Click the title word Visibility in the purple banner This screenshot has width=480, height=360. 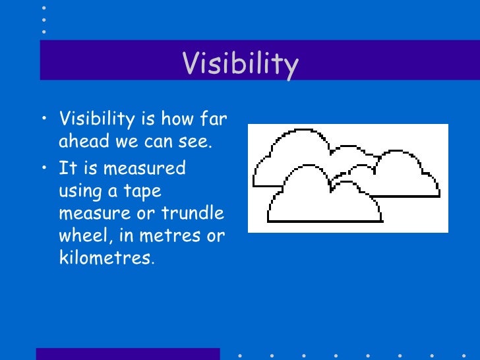(x=240, y=64)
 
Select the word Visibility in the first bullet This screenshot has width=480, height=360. (x=96, y=121)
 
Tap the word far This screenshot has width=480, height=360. (x=212, y=120)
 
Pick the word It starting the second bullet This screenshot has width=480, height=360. (x=67, y=167)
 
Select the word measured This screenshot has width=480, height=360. (x=146, y=167)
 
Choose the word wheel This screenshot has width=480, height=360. (x=82, y=235)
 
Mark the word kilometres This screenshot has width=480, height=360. (x=104, y=258)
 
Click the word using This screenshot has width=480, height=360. (x=80, y=191)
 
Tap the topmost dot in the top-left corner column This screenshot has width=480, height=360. (x=44, y=8)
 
